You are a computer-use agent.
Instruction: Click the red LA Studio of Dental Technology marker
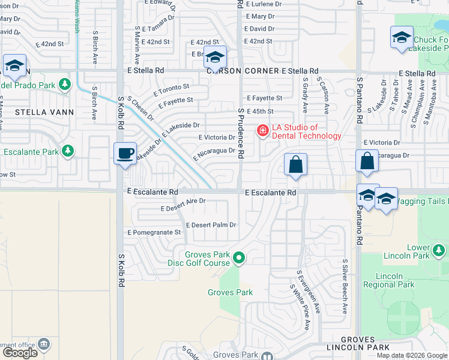tap(262, 130)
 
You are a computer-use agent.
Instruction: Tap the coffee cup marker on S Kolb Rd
tap(125, 154)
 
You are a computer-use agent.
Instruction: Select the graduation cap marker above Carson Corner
tap(215, 57)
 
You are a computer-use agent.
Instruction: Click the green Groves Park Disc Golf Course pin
tap(239, 259)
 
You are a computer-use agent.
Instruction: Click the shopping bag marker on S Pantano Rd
tap(366, 161)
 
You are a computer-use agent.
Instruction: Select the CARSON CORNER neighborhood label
tap(243, 71)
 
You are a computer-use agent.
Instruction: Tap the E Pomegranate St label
tap(154, 232)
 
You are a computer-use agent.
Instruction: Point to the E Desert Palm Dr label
tap(211, 225)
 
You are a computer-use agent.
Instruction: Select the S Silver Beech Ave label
tap(345, 287)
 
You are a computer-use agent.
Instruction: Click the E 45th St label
tap(260, 112)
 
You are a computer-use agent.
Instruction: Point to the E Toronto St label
tap(171, 91)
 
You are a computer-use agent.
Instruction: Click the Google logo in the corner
tap(20, 353)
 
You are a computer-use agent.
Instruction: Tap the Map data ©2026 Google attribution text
tap(412, 355)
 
